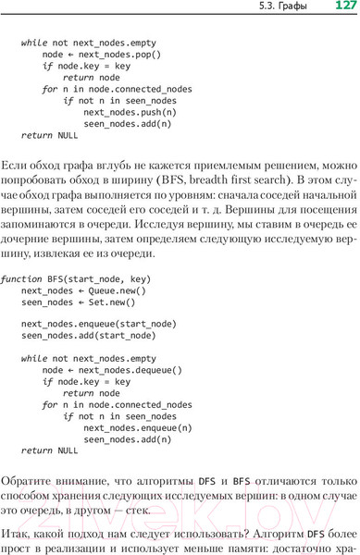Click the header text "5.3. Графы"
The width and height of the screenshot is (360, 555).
coord(283,7)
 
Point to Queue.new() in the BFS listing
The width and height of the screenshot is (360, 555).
coord(118,290)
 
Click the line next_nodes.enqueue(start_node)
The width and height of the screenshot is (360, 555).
coord(98,324)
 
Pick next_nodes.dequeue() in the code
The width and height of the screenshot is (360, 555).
coord(130,370)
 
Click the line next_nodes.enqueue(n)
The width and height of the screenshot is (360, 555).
coord(138,427)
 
